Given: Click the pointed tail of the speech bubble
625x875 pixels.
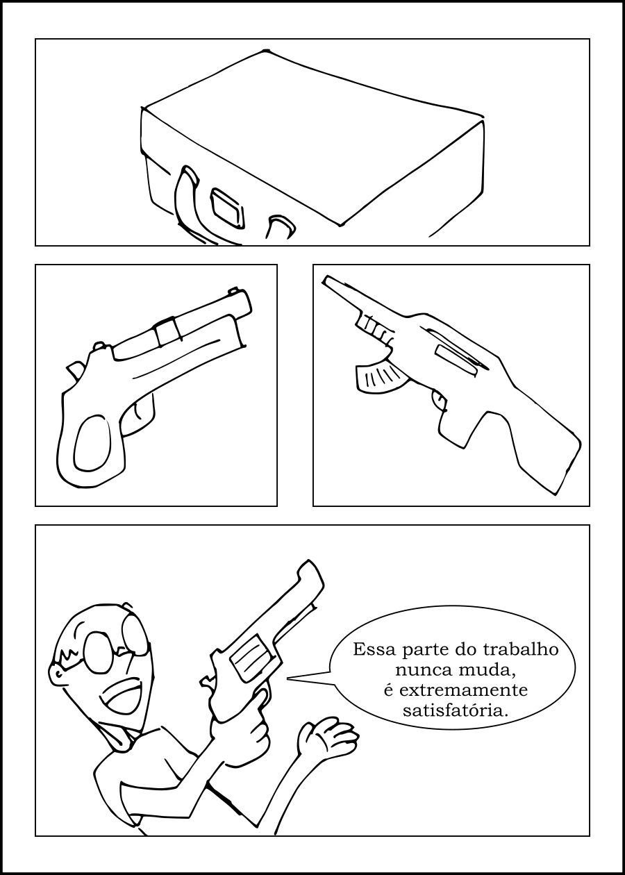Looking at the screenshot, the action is pos(288,679).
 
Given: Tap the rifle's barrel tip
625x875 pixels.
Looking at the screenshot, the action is pos(326,280).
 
